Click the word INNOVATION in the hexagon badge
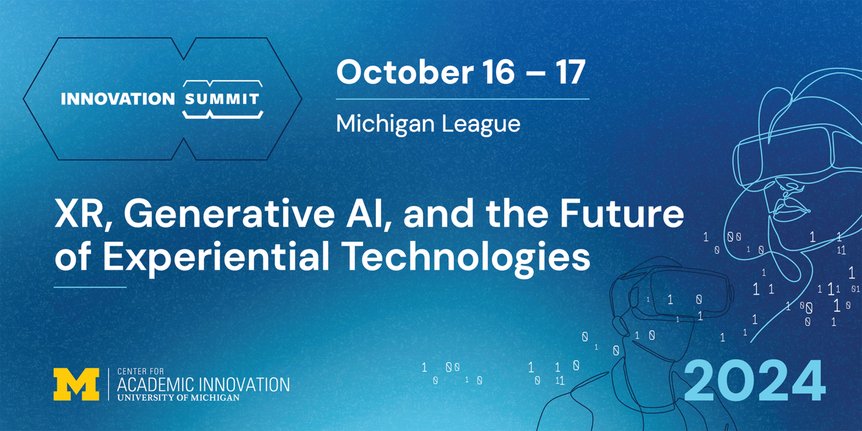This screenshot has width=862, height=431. (118, 99)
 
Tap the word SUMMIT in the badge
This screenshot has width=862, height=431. (222, 99)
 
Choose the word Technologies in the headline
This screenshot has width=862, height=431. (466, 258)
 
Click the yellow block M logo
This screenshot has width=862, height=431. (76, 384)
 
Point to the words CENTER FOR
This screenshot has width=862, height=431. (137, 372)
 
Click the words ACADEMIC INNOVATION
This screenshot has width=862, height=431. (203, 384)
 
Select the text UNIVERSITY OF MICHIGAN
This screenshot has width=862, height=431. (178, 397)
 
